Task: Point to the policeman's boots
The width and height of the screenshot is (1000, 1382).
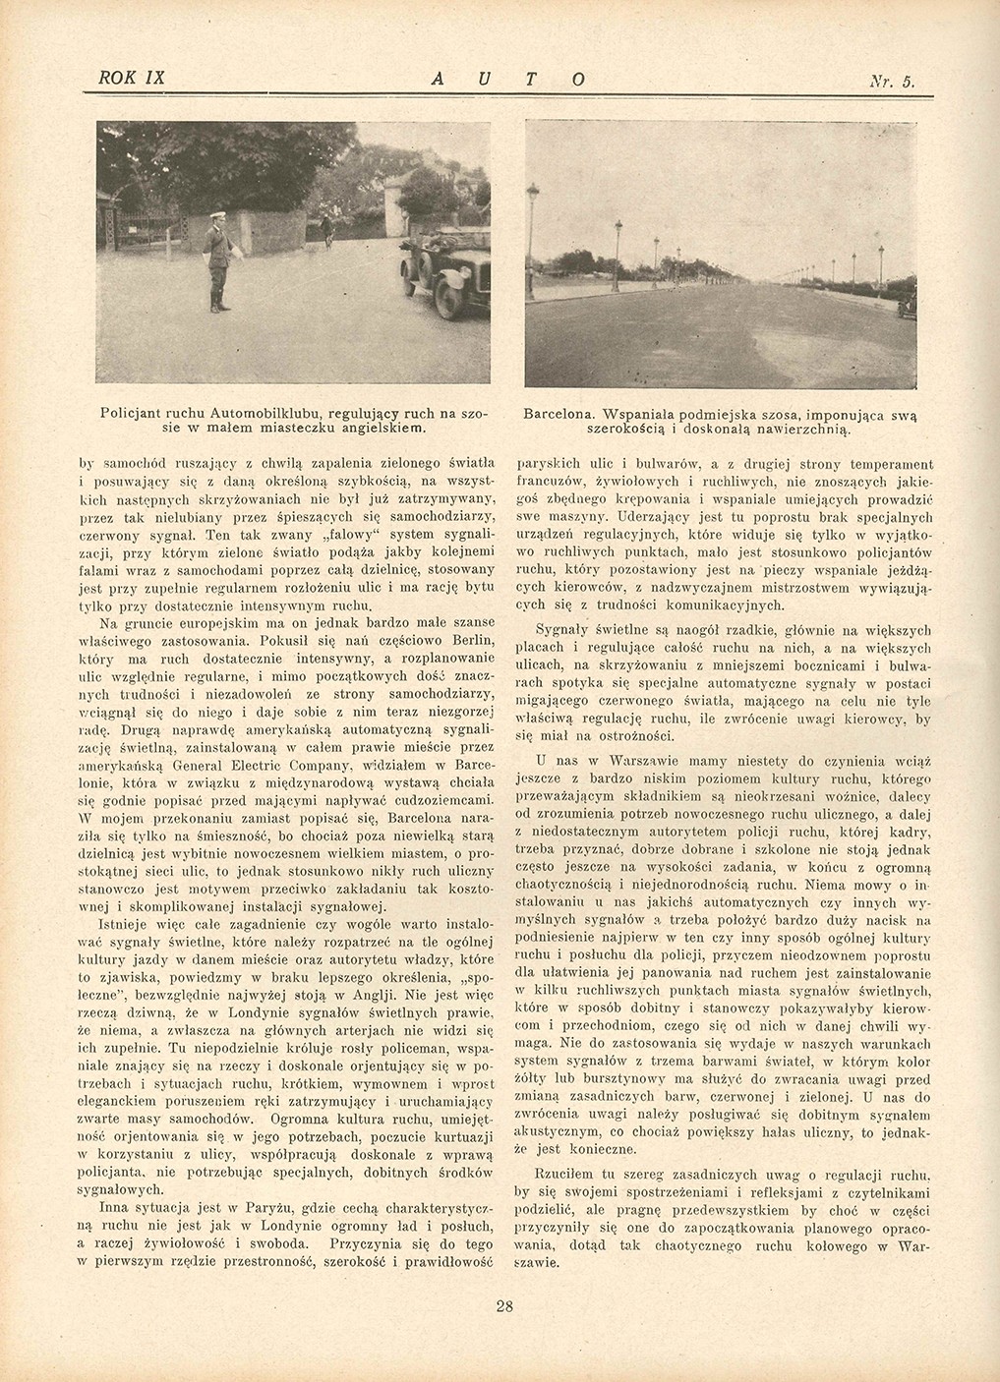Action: tap(215, 306)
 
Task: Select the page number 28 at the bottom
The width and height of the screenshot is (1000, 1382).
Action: tap(505, 1306)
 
